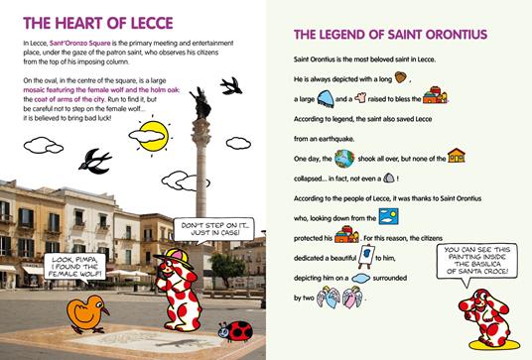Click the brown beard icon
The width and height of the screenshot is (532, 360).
pos(400,76)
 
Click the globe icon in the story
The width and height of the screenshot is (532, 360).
pos(344,159)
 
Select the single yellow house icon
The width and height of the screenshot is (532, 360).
pos(456,157)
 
